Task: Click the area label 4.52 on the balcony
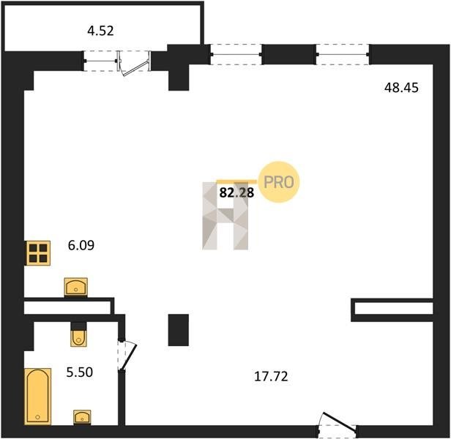click(x=101, y=31)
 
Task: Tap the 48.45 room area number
click(x=401, y=88)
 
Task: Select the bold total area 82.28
click(x=236, y=192)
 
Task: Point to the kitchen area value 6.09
click(x=81, y=245)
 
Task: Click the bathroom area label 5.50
click(x=80, y=372)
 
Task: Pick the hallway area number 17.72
click(x=271, y=376)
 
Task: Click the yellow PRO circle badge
click(x=279, y=182)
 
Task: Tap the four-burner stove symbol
click(x=38, y=253)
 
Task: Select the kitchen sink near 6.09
click(x=75, y=287)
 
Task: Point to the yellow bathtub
click(x=37, y=396)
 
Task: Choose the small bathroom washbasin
click(x=82, y=417)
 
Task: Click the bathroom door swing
click(x=127, y=356)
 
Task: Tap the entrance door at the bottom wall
click(x=338, y=424)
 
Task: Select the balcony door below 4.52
click(x=134, y=63)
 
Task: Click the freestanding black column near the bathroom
click(x=179, y=330)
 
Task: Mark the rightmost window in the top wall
click(x=343, y=54)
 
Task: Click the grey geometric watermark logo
click(x=225, y=216)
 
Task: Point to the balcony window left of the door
click(x=101, y=61)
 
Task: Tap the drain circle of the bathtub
click(x=37, y=417)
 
